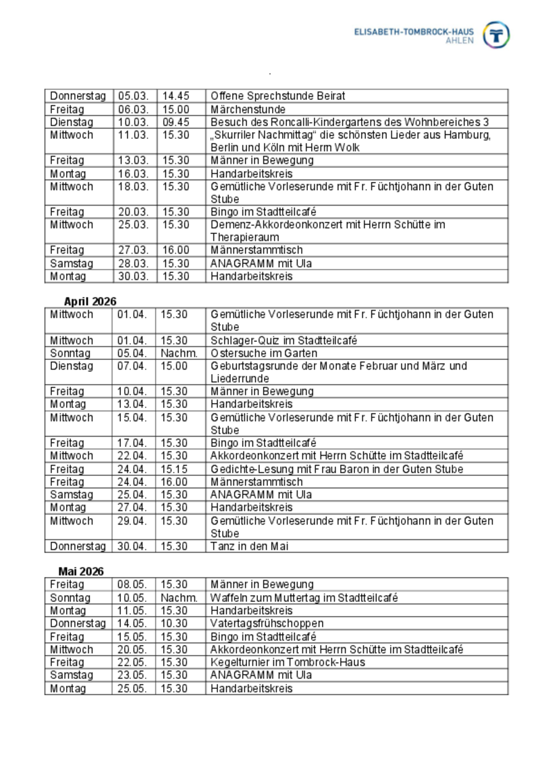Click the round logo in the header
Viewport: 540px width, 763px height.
(497, 34)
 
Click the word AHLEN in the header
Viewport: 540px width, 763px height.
(460, 40)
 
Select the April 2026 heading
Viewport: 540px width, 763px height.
(90, 301)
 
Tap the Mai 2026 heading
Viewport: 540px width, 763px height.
(81, 572)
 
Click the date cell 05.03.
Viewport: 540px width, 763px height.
(133, 96)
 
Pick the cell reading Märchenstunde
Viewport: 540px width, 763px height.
(248, 109)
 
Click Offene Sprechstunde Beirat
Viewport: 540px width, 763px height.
(277, 96)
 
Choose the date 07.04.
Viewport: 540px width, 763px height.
(132, 366)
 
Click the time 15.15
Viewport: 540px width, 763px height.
(174, 469)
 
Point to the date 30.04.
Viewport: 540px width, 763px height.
(132, 546)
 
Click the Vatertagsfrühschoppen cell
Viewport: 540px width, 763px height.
(267, 623)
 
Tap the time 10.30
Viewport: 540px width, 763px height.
(174, 623)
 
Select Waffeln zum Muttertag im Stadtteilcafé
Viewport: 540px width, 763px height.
(304, 598)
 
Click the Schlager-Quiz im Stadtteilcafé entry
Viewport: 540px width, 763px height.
(283, 340)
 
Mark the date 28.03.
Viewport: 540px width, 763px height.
(133, 264)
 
